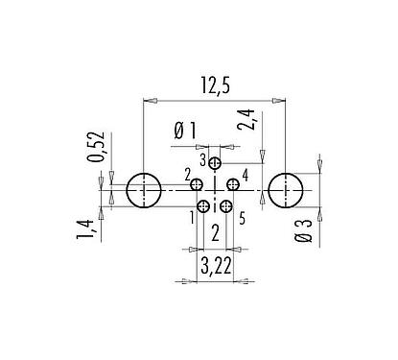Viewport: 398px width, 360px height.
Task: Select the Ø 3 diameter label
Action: pos(303,230)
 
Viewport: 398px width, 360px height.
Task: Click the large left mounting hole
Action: pos(143,191)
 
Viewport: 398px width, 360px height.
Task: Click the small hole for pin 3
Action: pos(215,163)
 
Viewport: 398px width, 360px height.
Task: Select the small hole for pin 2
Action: pos(197,184)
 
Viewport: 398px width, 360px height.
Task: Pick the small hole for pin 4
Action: pos(232,184)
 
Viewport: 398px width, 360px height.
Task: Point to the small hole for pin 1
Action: pos(203,206)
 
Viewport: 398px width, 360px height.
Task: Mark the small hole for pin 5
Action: pos(226,206)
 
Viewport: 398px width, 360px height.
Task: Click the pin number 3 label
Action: pos(202,157)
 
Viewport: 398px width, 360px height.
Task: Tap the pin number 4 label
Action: pos(246,175)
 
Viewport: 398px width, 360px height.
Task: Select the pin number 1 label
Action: pos(192,218)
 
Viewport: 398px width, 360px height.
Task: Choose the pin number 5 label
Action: pos(242,218)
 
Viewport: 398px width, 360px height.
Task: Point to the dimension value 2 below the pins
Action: pos(215,231)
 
